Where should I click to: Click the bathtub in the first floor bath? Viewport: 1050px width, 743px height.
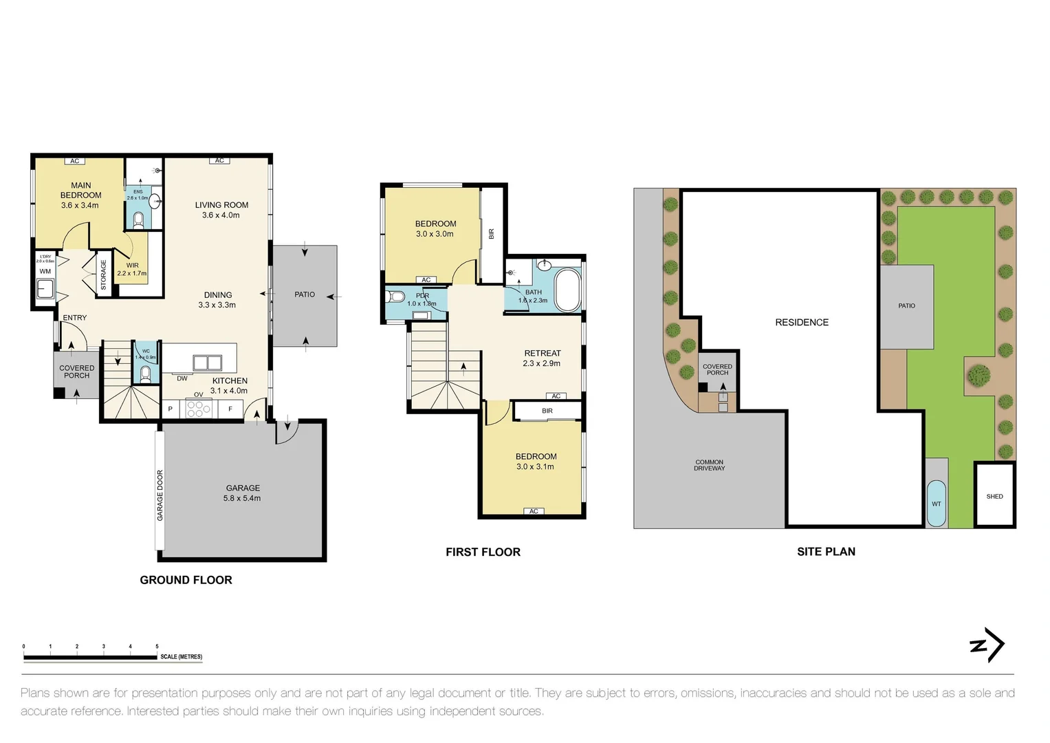point(567,290)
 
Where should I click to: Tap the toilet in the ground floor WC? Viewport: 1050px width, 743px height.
point(145,374)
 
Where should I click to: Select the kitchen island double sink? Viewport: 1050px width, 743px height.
point(207,363)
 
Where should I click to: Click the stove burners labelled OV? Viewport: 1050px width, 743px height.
point(199,409)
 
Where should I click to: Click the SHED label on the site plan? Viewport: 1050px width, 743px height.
point(994,496)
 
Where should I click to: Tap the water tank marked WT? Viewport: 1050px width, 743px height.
point(936,504)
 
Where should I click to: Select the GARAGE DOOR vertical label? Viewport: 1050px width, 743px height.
point(160,495)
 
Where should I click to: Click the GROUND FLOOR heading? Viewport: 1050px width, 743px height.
point(186,580)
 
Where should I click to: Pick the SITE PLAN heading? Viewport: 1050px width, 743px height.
point(826,551)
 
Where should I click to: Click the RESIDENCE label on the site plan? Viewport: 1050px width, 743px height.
point(802,322)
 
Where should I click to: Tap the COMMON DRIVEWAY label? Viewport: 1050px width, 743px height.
point(709,465)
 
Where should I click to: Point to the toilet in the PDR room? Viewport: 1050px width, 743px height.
point(396,297)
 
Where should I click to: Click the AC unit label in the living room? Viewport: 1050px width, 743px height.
point(219,160)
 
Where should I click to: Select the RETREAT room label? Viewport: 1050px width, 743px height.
point(543,353)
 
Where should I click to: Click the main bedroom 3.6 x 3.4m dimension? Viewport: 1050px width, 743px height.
point(80,205)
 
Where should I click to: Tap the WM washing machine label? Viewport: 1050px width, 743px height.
point(45,271)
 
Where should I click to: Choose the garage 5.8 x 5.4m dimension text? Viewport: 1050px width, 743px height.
point(242,498)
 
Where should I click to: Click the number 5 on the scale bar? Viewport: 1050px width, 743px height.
point(157,647)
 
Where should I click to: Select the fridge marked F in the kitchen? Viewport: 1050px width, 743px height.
point(230,409)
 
